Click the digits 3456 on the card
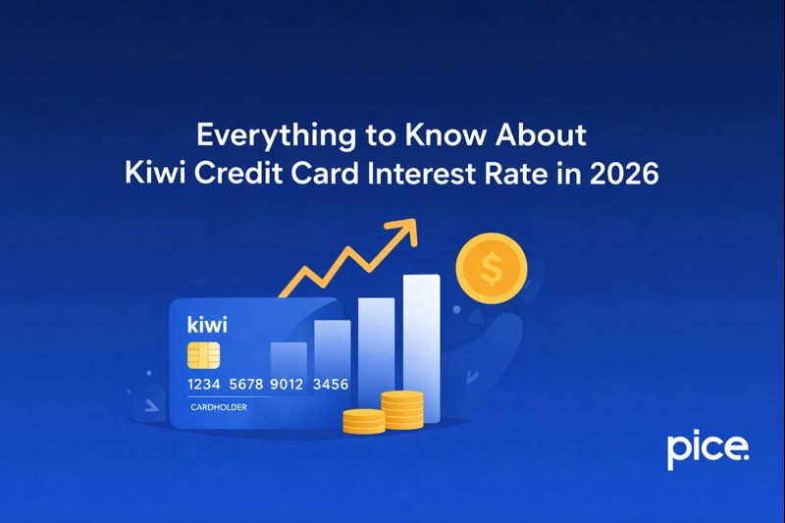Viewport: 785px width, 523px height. point(330,384)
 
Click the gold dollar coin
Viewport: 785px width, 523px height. point(492,266)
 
